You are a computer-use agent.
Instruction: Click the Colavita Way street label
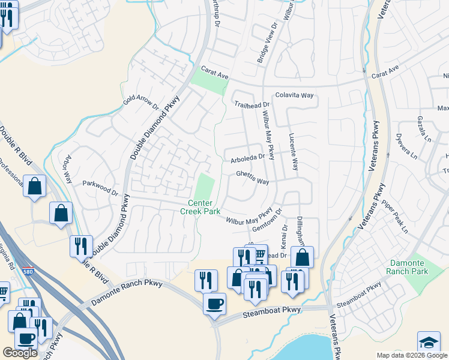pyautogui.click(x=295, y=95)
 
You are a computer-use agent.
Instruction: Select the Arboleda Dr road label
pyautogui.click(x=247, y=160)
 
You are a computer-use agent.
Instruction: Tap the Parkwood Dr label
pyautogui.click(x=100, y=188)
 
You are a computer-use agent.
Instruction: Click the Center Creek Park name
pyautogui.click(x=200, y=207)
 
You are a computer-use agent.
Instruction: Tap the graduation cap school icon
pyautogui.click(x=429, y=342)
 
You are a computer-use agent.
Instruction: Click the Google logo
pyautogui.click(x=20, y=353)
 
